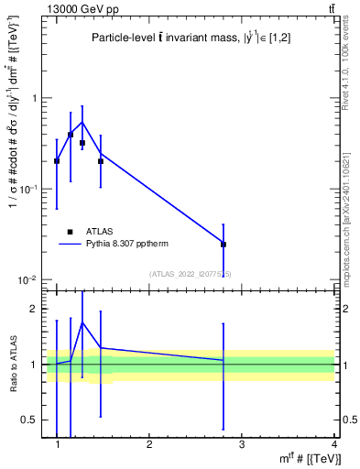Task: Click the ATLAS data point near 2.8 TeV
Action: coord(224,245)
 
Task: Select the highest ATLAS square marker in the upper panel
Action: coord(71,135)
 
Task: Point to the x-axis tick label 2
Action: coord(150,445)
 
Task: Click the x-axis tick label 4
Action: coord(334,445)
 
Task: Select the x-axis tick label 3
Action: coord(242,445)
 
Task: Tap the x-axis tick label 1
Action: coord(58,445)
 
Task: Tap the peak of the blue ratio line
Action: coord(82,322)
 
